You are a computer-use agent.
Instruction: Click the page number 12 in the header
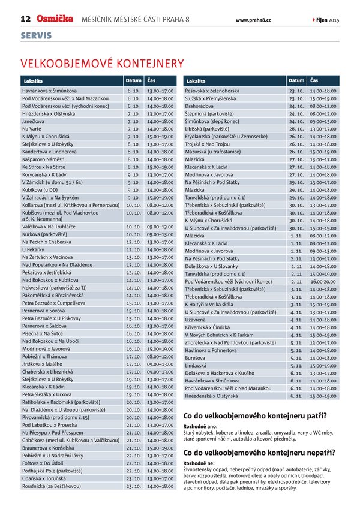pos(26,19)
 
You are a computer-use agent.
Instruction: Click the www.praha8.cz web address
pos(253,20)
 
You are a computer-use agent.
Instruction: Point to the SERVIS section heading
pos(36,36)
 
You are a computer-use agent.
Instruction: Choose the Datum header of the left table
pos(133,80)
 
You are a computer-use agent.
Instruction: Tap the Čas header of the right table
pos(315,80)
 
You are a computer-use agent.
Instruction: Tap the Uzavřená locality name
pos(197,320)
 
